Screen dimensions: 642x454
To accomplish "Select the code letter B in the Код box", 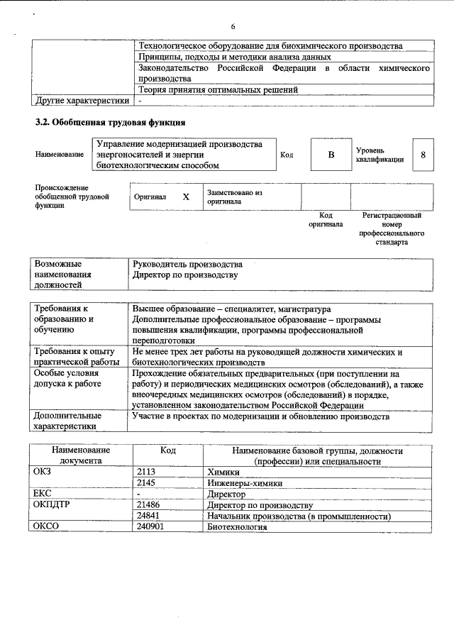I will coord(331,155).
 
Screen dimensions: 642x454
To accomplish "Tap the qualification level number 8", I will coord(423,155).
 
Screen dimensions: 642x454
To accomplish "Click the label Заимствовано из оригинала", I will coord(235,197).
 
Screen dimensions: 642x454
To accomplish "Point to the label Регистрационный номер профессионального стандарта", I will coord(392,228).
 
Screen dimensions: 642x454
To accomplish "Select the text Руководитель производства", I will coord(187,264).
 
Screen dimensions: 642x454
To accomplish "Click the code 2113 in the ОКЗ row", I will coord(147,472).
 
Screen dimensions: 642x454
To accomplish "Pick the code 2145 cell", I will coord(147,483).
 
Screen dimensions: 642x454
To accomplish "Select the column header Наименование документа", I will coord(80,455).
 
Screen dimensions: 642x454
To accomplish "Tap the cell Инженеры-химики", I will coord(245,483).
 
